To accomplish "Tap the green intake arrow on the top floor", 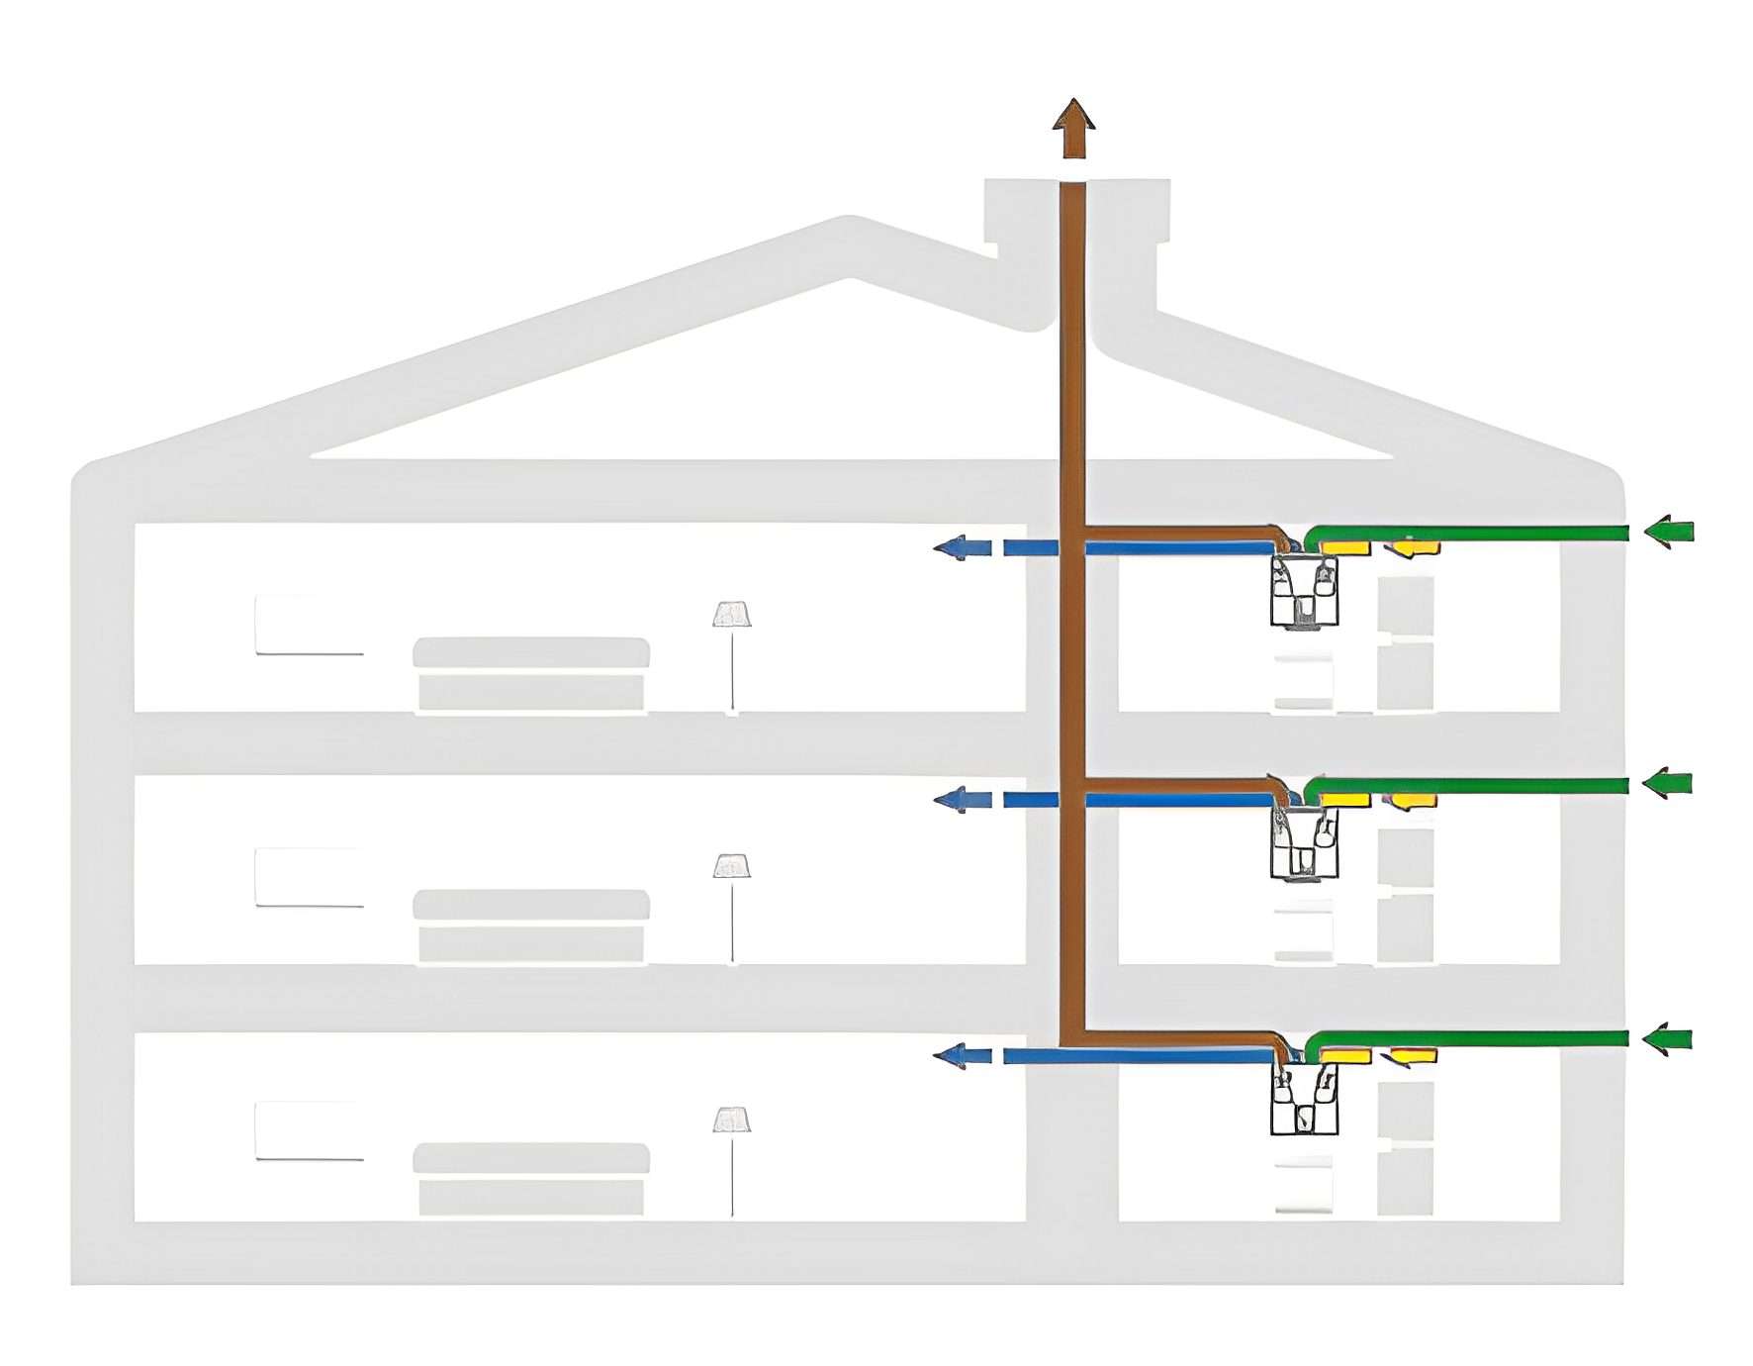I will pos(1669,532).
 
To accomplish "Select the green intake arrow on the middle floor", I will pos(1669,783).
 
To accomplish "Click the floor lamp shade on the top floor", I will pos(731,615).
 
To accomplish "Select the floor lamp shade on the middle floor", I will pos(731,866).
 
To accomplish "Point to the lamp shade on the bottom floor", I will pos(731,1120).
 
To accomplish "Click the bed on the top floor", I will pos(531,674).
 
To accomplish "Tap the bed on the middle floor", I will pos(531,927).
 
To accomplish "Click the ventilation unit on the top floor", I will pos(1304,592).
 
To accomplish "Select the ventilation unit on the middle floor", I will pos(1304,843).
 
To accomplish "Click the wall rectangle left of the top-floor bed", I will pos(310,625).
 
